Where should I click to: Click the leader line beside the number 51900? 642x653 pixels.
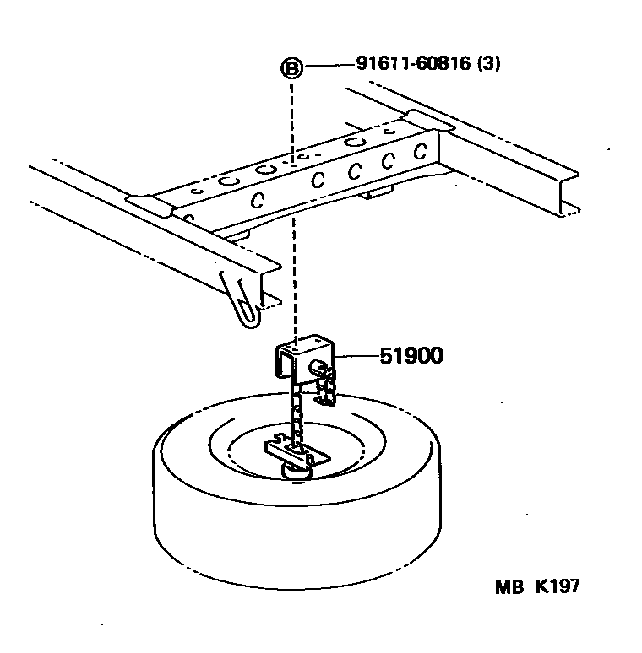355,357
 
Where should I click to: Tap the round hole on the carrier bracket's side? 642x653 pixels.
320,367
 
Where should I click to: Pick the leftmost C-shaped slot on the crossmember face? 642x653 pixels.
256,199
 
